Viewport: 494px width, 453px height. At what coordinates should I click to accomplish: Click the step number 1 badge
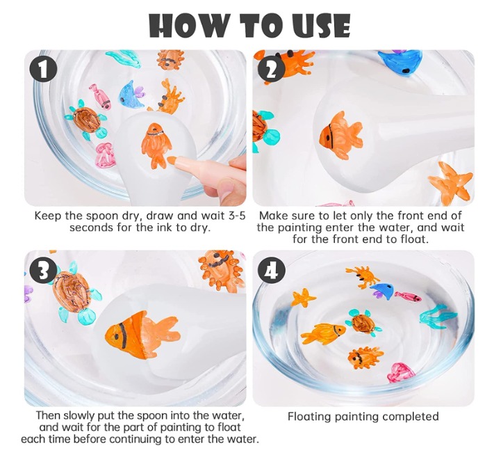coord(43,70)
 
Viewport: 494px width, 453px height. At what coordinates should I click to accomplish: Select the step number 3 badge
coord(43,271)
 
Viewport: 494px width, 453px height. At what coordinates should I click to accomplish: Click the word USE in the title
coord(318,25)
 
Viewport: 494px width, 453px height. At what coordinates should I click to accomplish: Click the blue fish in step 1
coord(131,94)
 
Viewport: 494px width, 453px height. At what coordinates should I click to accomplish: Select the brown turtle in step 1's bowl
coord(86,120)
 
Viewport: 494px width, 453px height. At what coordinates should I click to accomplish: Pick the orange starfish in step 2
coord(451,182)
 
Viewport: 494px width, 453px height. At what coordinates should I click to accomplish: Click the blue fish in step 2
coord(400,62)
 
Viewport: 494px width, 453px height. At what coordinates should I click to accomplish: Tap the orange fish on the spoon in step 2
coord(341,135)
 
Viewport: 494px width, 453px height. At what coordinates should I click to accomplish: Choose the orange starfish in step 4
coord(303,298)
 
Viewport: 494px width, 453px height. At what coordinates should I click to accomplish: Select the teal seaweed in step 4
coord(437,317)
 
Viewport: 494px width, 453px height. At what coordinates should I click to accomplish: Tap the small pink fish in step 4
coord(408,296)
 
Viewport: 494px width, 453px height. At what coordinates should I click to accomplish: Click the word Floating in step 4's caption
coord(309,417)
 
